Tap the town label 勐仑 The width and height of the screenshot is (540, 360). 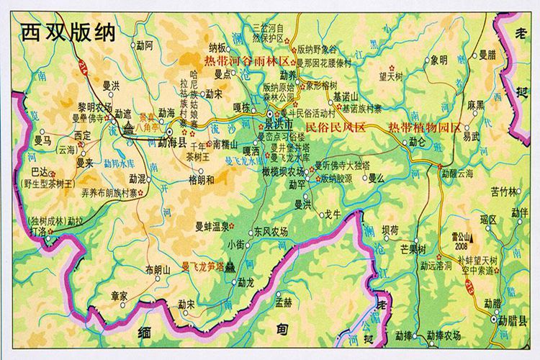pyautogui.click(x=418, y=142)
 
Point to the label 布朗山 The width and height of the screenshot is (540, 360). pyautogui.click(x=157, y=269)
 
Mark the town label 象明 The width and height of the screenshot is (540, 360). pyautogui.click(x=438, y=60)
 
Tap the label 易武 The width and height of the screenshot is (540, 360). pyautogui.click(x=471, y=135)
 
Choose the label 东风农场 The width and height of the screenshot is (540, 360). pyautogui.click(x=270, y=231)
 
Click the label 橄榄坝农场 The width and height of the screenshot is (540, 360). pyautogui.click(x=282, y=171)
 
